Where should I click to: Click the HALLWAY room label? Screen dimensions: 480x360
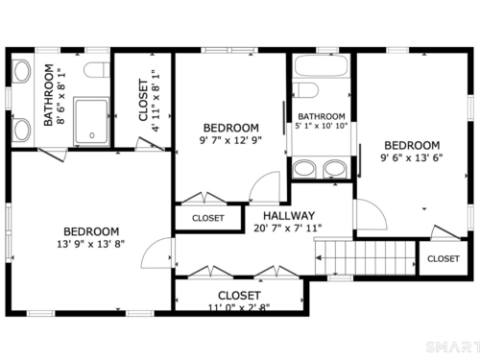(289, 216)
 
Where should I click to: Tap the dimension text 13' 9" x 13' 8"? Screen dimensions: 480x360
(91, 244)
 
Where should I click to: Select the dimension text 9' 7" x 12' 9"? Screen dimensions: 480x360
(230, 140)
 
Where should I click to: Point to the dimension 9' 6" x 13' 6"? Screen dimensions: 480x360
(412, 157)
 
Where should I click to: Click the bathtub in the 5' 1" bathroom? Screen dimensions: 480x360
(321, 66)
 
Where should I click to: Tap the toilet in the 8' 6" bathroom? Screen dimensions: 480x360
(97, 70)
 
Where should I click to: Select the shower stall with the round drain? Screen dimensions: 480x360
(91, 122)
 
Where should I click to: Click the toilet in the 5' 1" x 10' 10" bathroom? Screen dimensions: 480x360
(305, 90)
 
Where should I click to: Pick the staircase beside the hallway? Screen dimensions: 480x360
(365, 257)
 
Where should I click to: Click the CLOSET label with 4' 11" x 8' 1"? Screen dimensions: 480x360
(143, 100)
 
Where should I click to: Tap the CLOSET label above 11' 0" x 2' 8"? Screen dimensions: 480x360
(239, 296)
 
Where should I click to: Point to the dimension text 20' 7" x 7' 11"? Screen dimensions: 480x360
(288, 228)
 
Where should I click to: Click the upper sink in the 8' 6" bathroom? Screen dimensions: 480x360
(22, 71)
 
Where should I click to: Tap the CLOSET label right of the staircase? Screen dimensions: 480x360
(444, 258)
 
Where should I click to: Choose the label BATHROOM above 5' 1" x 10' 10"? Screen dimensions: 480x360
(322, 116)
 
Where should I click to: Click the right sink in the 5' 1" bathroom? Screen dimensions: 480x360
(334, 169)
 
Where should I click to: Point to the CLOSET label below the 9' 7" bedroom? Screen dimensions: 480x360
(208, 218)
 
